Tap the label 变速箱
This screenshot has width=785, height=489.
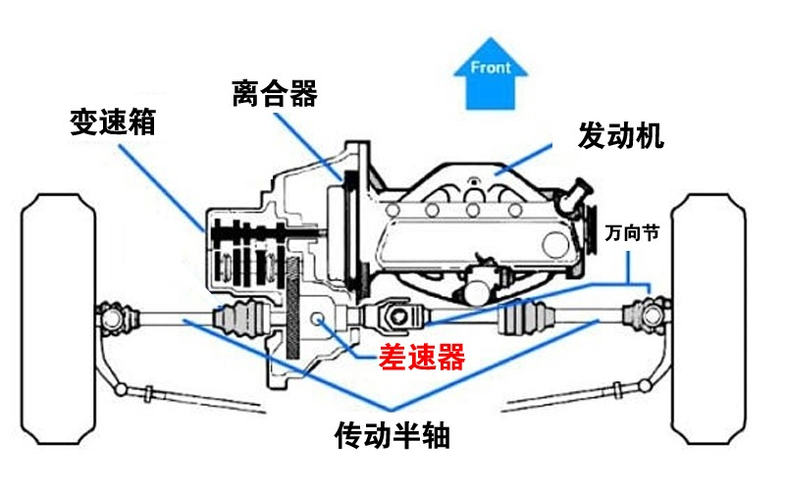[113, 122]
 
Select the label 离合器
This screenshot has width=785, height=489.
[275, 93]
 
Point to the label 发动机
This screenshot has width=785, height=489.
[621, 135]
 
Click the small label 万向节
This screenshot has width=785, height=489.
[632, 232]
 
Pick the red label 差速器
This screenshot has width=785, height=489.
[422, 357]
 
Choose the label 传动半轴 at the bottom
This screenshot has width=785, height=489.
[392, 435]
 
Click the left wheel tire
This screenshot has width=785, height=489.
[58, 319]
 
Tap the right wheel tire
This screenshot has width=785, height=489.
[708, 319]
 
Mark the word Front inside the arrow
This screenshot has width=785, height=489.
[490, 68]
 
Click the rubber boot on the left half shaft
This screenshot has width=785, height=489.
[241, 318]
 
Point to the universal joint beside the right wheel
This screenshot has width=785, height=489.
[648, 316]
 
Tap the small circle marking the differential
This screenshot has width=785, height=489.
[317, 318]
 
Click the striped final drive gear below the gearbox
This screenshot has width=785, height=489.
[293, 308]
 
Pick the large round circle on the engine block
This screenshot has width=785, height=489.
[555, 245]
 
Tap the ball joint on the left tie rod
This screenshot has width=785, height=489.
[120, 389]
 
